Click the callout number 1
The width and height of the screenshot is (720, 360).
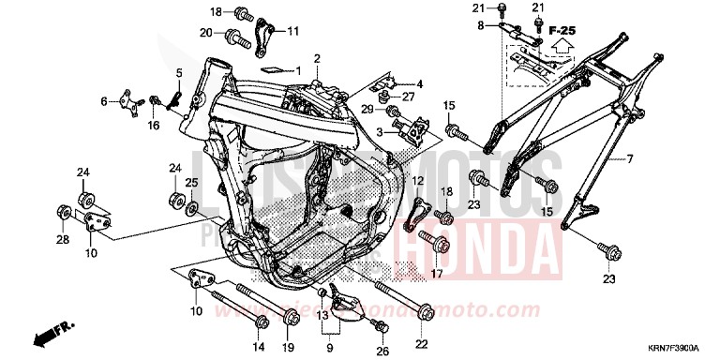click(299, 71)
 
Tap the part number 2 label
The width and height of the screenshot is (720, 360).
click(317, 59)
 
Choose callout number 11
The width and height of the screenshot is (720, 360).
click(292, 31)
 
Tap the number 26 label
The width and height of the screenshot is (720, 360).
click(381, 350)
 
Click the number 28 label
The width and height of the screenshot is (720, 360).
click(62, 241)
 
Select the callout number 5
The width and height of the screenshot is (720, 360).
click(178, 72)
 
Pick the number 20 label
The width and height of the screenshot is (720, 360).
click(206, 33)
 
